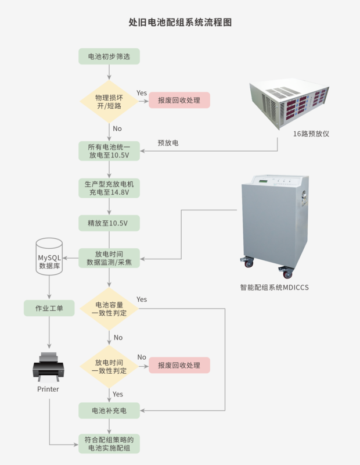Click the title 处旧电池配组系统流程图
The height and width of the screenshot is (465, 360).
click(x=180, y=22)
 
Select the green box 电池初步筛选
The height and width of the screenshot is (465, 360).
click(x=109, y=56)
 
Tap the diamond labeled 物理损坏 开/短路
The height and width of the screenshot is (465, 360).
click(x=109, y=100)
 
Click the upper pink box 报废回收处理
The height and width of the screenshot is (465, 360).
click(x=179, y=100)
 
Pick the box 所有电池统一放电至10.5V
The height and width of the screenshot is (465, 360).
click(x=109, y=151)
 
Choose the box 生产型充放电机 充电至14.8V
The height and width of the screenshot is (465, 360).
click(x=109, y=187)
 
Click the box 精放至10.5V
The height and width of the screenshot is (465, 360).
click(x=109, y=223)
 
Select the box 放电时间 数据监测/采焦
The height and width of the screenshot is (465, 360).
click(x=109, y=258)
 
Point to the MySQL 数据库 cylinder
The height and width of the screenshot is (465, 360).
click(x=49, y=256)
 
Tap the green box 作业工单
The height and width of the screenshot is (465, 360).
click(x=49, y=308)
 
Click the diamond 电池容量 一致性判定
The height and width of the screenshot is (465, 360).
click(x=109, y=308)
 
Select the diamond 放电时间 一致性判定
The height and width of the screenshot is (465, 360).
click(x=109, y=366)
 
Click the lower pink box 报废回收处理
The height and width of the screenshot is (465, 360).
click(x=179, y=366)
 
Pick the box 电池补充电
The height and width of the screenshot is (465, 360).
click(x=109, y=410)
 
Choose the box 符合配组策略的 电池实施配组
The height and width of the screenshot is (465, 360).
click(x=109, y=444)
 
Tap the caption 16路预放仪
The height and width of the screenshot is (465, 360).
click(x=311, y=134)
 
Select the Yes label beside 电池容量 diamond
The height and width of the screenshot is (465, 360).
click(x=142, y=299)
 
